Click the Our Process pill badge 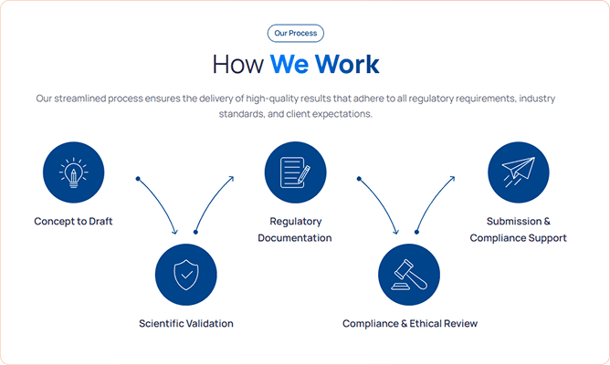pos(296,33)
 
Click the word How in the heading pos(238,64)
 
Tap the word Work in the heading pos(347,64)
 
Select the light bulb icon pos(74,172)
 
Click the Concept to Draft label pos(73,221)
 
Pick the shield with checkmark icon pos(186,275)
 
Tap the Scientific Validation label pos(186,323)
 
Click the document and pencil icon pos(295,172)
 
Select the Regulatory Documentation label pos(295,229)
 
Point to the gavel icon pos(409,275)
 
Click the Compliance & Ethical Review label pos(410,323)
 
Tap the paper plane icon pos(518,172)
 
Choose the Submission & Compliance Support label pos(518,229)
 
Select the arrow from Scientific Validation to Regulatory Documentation pos(210,202)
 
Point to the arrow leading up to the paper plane pos(431,202)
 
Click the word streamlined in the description pos(80,99)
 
